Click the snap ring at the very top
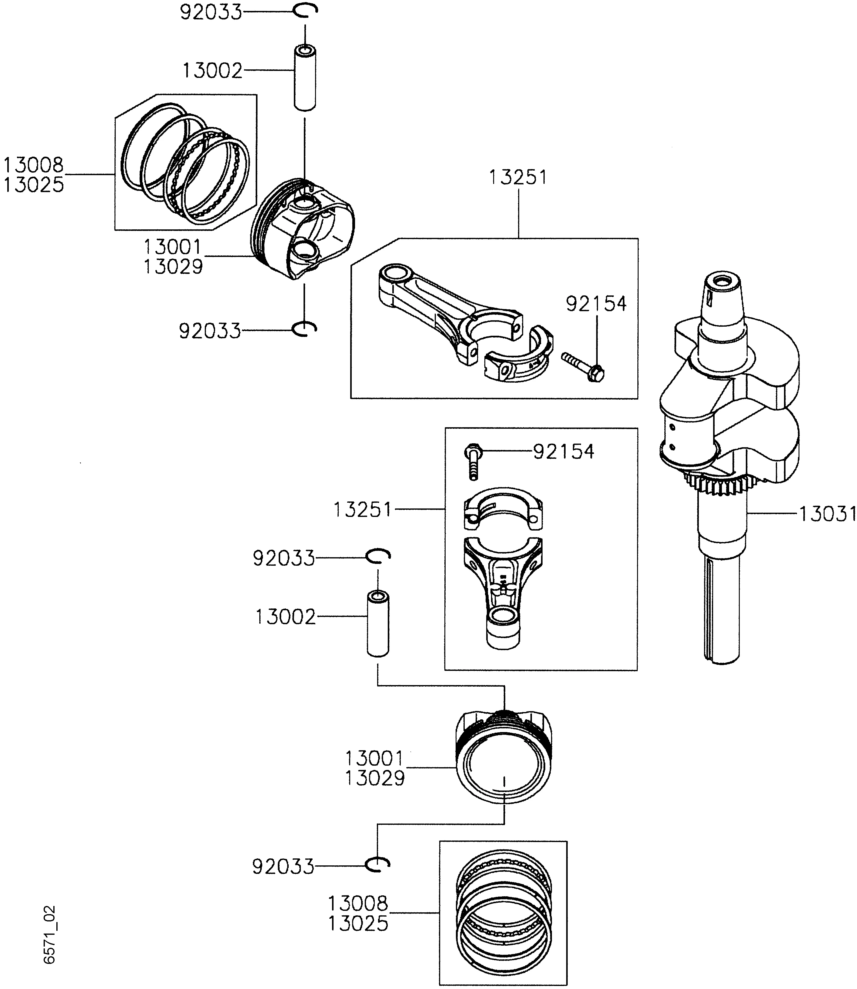pyautogui.click(x=305, y=11)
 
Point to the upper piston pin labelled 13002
pyautogui.click(x=305, y=78)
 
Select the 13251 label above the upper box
pyautogui.click(x=517, y=178)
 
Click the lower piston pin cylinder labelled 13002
pyautogui.click(x=378, y=624)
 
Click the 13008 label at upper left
pyautogui.click(x=34, y=165)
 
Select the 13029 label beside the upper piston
pyautogui.click(x=173, y=266)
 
